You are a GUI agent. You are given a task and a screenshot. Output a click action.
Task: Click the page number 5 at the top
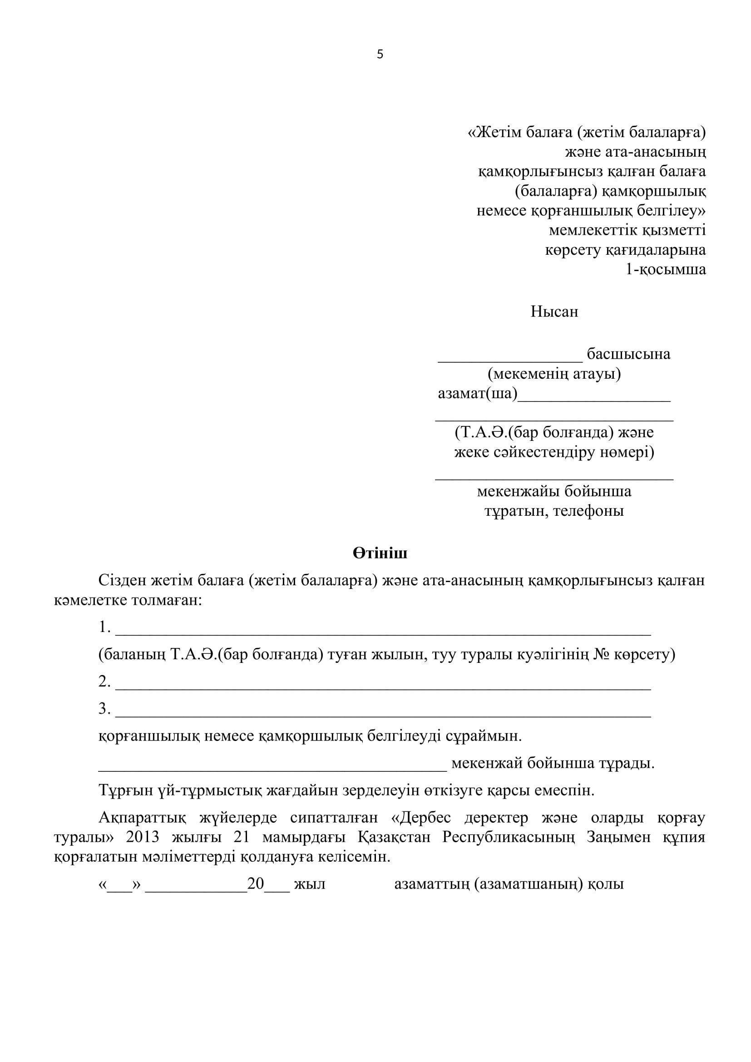tap(380, 54)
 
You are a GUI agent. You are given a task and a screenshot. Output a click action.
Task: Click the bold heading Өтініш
tap(380, 553)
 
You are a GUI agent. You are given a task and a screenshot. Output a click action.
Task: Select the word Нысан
tap(554, 312)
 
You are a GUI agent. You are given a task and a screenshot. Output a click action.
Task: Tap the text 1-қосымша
tap(666, 270)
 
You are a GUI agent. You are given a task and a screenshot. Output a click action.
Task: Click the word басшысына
tap(628, 354)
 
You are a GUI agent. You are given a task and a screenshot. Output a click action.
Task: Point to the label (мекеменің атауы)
tap(554, 374)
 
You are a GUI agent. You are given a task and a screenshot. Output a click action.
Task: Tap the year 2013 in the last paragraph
tap(143, 837)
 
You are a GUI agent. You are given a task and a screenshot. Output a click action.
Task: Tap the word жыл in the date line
tap(309, 884)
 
